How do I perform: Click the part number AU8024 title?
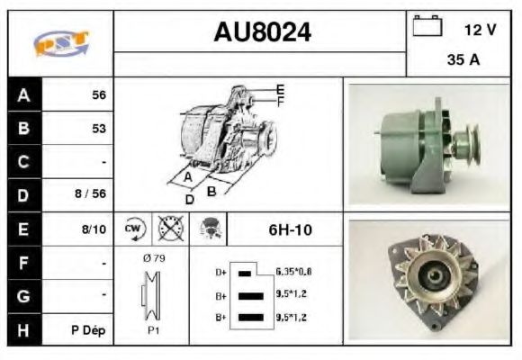pyautogui.click(x=262, y=33)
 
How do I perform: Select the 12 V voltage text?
pyautogui.click(x=480, y=30)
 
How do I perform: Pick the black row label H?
pyautogui.click(x=22, y=329)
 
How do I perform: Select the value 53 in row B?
pyautogui.click(x=98, y=129)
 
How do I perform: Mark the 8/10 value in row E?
pyautogui.click(x=94, y=229)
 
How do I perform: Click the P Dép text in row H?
pyautogui.click(x=88, y=330)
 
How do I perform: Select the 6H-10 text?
pyautogui.click(x=290, y=229)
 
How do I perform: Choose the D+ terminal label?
pyautogui.click(x=220, y=272)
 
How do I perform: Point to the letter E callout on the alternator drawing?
pyautogui.click(x=280, y=89)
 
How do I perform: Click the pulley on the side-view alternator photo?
pyautogui.click(x=467, y=144)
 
